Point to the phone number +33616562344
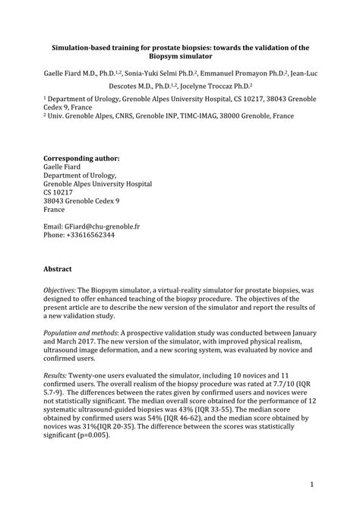[90, 235]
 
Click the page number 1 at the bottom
[311, 483]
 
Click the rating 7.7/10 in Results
[281, 384]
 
